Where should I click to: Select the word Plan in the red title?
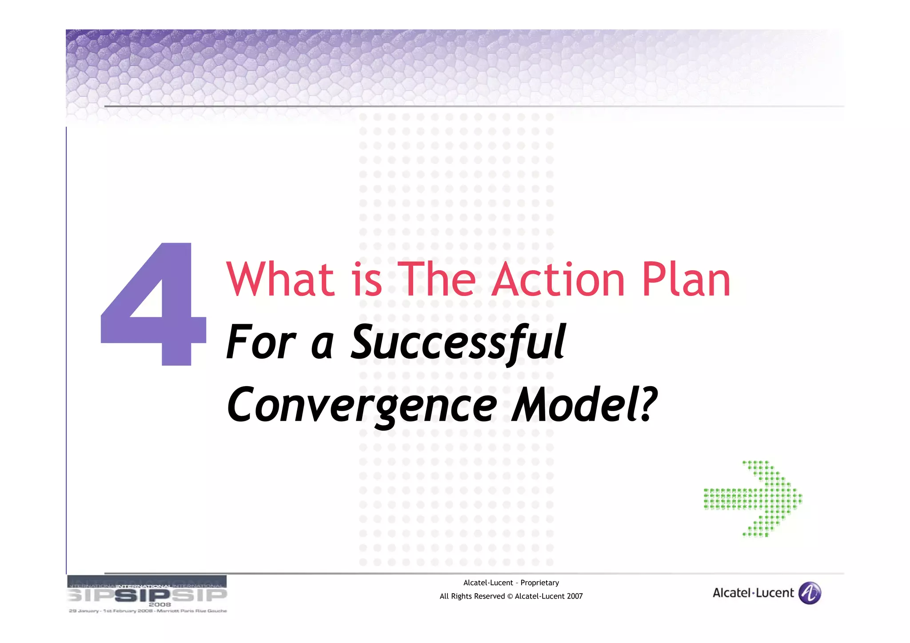[686, 280]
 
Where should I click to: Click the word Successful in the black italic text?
[458, 342]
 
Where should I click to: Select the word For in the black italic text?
[260, 342]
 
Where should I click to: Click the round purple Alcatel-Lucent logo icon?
[810, 593]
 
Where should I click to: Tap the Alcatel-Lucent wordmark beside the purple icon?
[753, 593]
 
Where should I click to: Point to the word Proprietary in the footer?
[539, 583]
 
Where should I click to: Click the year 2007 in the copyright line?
[574, 596]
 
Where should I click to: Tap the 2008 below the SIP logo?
[160, 604]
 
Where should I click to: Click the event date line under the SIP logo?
[148, 611]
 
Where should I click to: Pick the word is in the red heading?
[367, 280]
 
